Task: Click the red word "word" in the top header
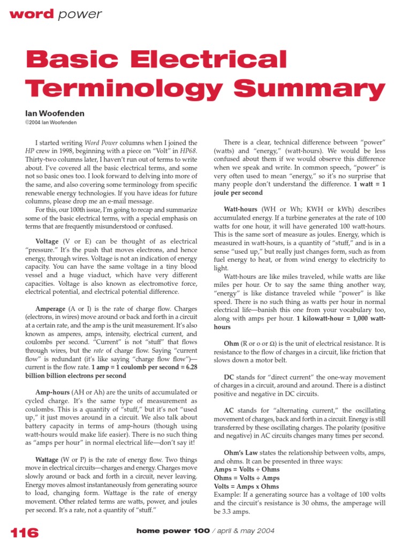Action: coord(31,14)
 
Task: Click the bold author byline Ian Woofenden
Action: coord(54,114)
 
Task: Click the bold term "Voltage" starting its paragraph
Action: coord(47,241)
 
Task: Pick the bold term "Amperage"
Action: coord(51,309)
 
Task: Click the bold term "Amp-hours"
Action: coord(52,392)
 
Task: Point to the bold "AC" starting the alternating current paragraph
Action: coord(229,410)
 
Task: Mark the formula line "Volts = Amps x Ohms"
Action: coord(246,486)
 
